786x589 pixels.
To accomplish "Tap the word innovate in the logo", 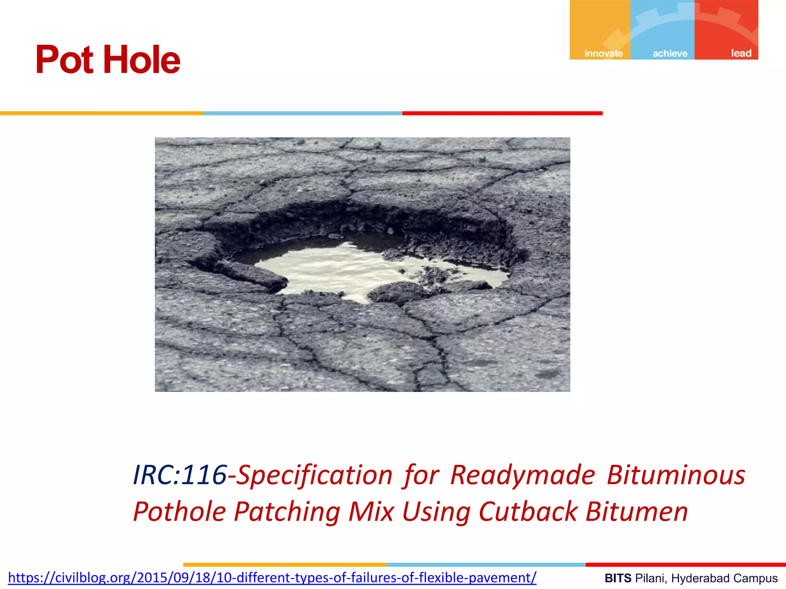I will click(603, 53).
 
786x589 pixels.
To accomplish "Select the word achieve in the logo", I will click(670, 53).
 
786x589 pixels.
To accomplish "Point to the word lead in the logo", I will click(741, 53).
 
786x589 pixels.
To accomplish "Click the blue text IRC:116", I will click(180, 475).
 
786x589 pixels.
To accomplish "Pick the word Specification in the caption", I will click(314, 475).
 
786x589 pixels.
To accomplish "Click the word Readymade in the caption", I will click(522, 475).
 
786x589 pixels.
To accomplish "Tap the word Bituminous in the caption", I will click(676, 475).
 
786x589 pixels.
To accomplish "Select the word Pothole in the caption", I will click(180, 512).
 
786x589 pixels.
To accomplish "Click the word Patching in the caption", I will click(287, 512).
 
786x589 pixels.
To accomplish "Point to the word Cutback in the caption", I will click(528, 512).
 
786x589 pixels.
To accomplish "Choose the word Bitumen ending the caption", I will click(637, 512).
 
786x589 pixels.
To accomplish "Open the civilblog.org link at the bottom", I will click(272, 577).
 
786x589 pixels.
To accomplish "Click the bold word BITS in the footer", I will click(618, 578).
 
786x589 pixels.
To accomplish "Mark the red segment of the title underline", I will click(502, 114).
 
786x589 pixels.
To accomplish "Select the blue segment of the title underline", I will click(302, 114).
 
